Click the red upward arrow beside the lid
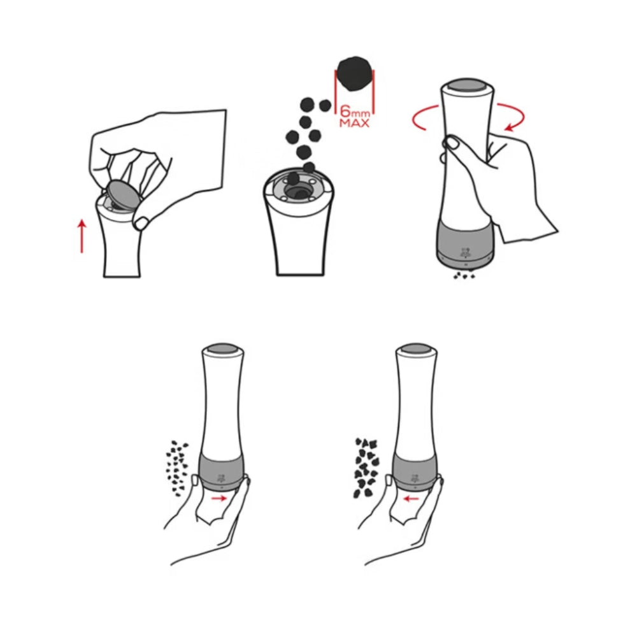click(82, 236)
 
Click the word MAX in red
click(355, 123)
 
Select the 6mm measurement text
click(355, 111)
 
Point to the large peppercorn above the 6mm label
click(355, 73)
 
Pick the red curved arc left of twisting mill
click(420, 117)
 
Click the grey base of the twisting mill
click(466, 244)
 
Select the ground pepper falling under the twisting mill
click(464, 276)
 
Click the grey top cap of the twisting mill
click(466, 85)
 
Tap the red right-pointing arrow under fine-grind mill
click(219, 498)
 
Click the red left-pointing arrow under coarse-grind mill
click(412, 499)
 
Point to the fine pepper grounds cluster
click(176, 468)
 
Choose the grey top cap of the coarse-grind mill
click(415, 349)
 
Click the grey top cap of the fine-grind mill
click(222, 349)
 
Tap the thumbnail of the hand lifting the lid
click(142, 223)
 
